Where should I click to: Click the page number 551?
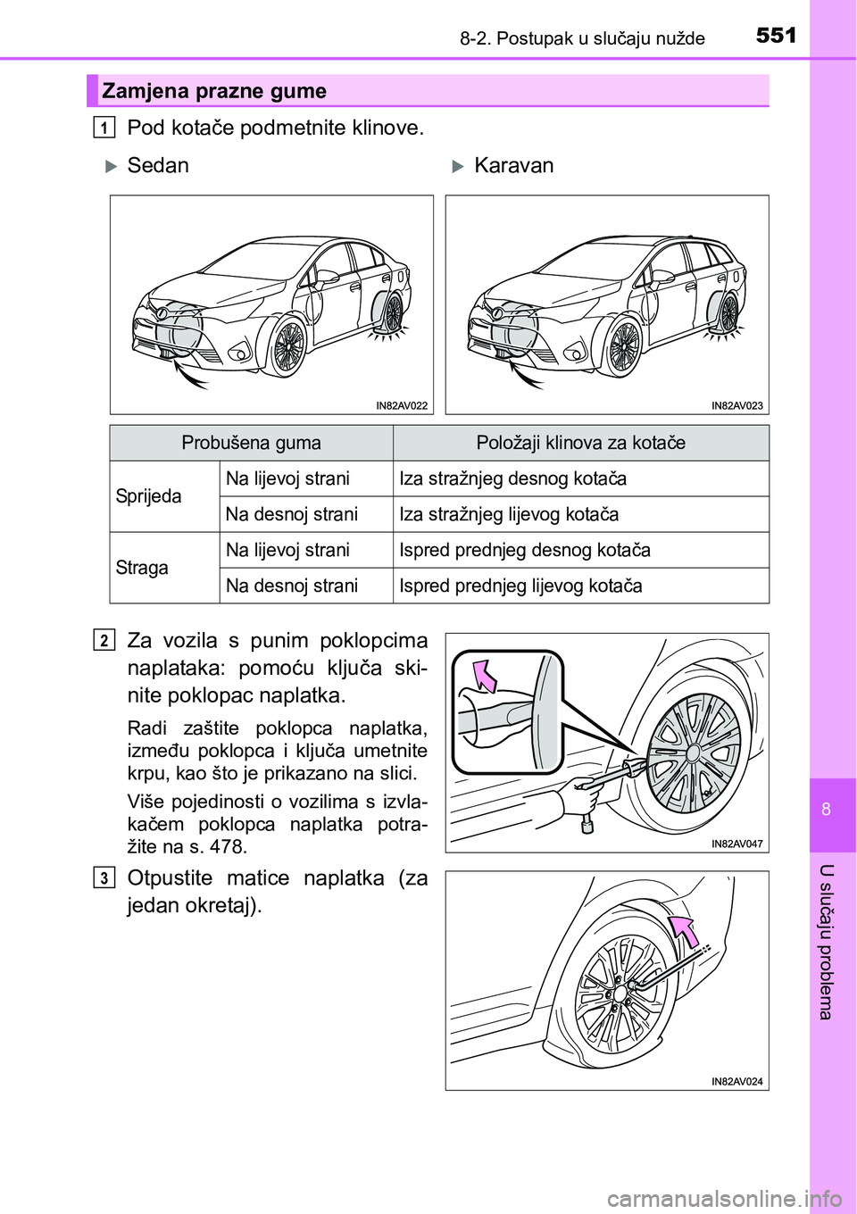[776, 35]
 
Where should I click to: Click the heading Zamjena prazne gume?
[214, 91]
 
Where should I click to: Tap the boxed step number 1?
[104, 128]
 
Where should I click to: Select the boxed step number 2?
[104, 640]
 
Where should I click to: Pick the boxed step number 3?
[104, 877]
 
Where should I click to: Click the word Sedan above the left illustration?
[158, 166]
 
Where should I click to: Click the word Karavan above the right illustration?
[513, 166]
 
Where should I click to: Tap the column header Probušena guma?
[251, 443]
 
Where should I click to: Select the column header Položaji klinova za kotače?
[580, 443]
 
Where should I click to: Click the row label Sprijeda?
[148, 496]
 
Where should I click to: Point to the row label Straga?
[142, 568]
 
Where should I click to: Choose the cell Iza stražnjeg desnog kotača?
[512, 478]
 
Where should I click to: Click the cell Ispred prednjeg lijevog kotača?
[520, 586]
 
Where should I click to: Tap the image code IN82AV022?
[402, 405]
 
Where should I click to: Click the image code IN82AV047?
[736, 844]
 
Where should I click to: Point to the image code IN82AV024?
[736, 1081]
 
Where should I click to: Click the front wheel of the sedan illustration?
[287, 346]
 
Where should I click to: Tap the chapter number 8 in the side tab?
[826, 809]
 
